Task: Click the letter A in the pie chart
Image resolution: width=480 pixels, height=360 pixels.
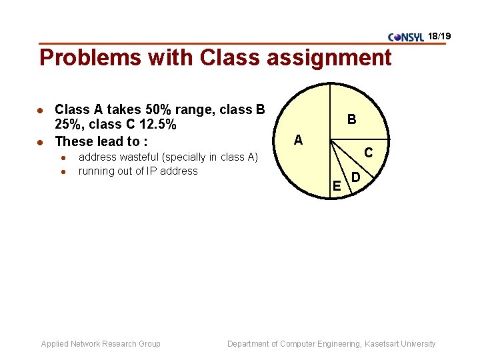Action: pyautogui.click(x=298, y=140)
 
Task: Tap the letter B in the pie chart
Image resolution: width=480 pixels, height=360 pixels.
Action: pyautogui.click(x=351, y=120)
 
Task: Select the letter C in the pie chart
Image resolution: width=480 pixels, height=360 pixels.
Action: pyautogui.click(x=368, y=153)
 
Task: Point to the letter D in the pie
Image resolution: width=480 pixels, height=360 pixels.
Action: pyautogui.click(x=356, y=178)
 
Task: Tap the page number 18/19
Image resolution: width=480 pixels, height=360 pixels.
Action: pyautogui.click(x=440, y=35)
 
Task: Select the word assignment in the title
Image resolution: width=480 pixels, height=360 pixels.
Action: pyautogui.click(x=329, y=58)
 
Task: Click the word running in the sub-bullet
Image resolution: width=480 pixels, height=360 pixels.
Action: pyautogui.click(x=97, y=171)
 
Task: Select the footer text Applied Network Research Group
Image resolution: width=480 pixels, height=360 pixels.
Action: pyautogui.click(x=101, y=344)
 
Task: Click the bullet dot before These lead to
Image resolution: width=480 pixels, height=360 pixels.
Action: pyautogui.click(x=41, y=141)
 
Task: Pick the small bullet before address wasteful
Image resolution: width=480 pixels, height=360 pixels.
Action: pyautogui.click(x=62, y=158)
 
